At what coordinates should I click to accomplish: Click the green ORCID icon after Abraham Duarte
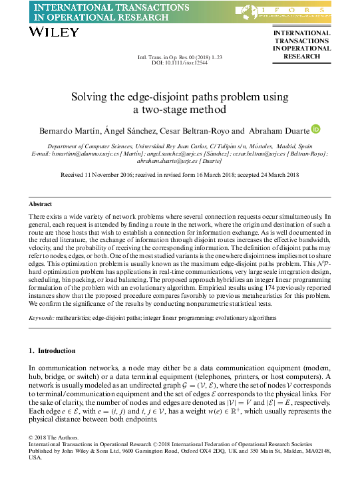tap(316, 129)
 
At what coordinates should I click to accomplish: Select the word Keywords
tap(41, 318)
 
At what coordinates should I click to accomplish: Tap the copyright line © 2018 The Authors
tap(53, 437)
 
